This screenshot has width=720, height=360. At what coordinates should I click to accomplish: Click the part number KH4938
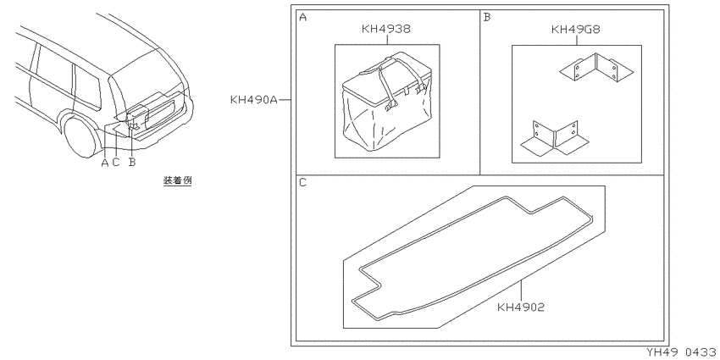pyautogui.click(x=385, y=29)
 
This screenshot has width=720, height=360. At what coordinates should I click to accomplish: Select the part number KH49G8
pyautogui.click(x=575, y=30)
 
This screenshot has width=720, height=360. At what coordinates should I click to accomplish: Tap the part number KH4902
pyautogui.click(x=521, y=307)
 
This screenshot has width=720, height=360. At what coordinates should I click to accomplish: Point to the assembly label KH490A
pyautogui.click(x=254, y=100)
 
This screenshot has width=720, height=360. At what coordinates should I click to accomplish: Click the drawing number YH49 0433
pyautogui.click(x=683, y=352)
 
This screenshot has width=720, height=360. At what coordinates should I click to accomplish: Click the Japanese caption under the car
pyautogui.click(x=177, y=180)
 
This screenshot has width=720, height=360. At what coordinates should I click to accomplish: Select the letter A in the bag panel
pyautogui.click(x=302, y=18)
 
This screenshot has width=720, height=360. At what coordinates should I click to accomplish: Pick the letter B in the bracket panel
pyautogui.click(x=487, y=18)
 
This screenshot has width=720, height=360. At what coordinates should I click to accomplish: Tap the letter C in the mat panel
pyautogui.click(x=302, y=183)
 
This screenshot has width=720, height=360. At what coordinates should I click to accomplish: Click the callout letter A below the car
pyautogui.click(x=105, y=163)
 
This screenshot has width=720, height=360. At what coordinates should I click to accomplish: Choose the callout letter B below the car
pyautogui.click(x=132, y=163)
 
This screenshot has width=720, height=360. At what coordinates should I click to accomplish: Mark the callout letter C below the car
pyautogui.click(x=116, y=163)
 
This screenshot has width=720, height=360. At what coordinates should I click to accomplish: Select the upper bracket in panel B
pyautogui.click(x=596, y=69)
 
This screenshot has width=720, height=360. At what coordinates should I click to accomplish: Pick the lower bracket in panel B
pyautogui.click(x=554, y=137)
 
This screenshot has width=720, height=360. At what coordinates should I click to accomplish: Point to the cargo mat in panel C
pyautogui.click(x=472, y=258)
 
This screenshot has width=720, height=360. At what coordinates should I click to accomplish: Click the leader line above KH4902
pyautogui.click(x=521, y=291)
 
